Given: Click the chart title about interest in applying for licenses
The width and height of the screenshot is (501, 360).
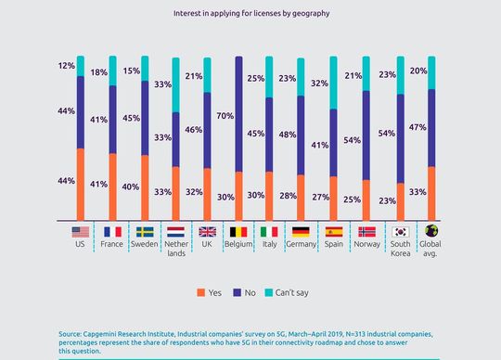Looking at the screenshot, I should click(250, 14).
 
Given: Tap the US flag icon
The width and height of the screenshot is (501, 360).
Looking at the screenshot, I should click(80, 232).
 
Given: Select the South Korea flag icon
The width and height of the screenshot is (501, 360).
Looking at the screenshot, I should click(401, 232).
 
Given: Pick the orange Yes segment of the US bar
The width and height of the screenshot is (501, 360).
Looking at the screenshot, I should click(81, 185).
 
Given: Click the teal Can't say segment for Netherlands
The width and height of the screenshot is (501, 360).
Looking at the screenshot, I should click(176, 84).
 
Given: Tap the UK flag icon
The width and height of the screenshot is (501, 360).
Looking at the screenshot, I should click(208, 232).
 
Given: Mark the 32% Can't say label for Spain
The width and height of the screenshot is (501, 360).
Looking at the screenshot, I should click(319, 84).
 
